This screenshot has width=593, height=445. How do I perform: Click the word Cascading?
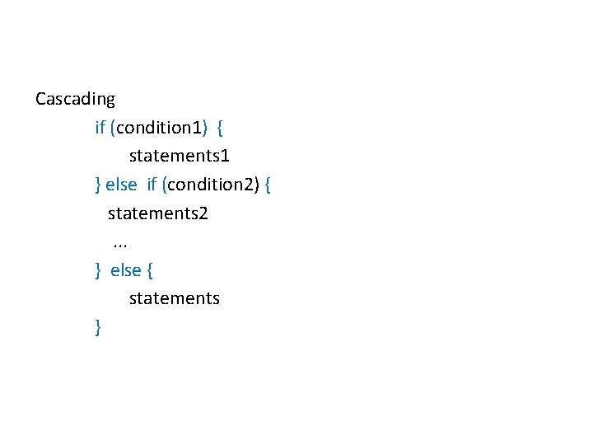(75, 100)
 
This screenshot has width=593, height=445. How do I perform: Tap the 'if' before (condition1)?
(100, 128)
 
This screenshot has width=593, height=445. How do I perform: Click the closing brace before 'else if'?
(98, 185)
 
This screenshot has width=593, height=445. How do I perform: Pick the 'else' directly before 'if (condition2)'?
(121, 185)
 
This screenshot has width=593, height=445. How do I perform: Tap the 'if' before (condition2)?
(152, 185)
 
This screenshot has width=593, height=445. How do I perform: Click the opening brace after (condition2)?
(268, 185)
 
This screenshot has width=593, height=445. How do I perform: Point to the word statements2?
(158, 214)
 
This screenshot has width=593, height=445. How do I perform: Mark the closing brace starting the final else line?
(98, 271)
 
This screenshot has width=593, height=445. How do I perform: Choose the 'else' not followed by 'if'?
(126, 271)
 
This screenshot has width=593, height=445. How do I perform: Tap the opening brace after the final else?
(150, 271)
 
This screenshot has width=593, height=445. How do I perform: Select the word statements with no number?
(175, 299)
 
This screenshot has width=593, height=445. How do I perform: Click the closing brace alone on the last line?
(98, 328)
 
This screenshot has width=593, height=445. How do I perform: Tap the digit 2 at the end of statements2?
(203, 214)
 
